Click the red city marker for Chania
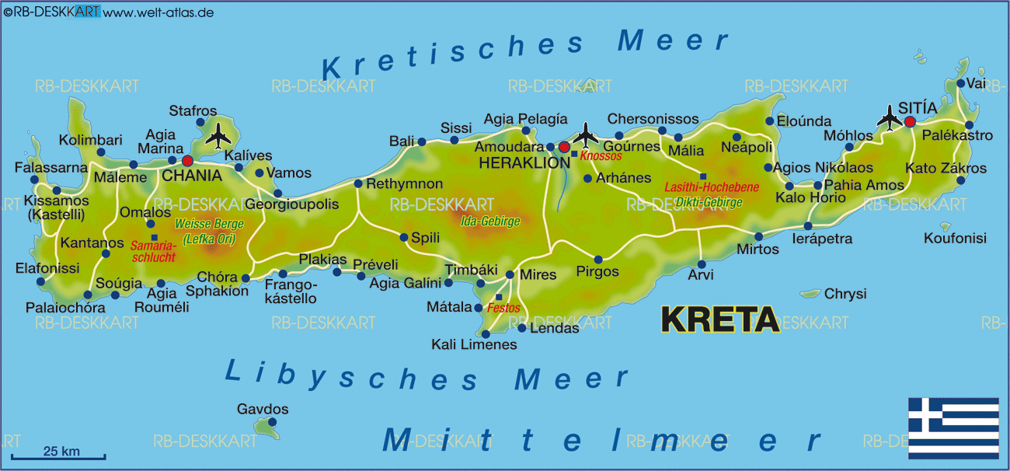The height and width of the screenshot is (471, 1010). pyautogui.click(x=187, y=161)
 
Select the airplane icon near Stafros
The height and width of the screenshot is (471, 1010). pyautogui.click(x=220, y=135)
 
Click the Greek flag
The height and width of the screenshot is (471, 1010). pyautogui.click(x=953, y=427)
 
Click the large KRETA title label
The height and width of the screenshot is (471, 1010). pyautogui.click(x=719, y=319)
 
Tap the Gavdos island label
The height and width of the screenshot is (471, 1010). pyautogui.click(x=263, y=410)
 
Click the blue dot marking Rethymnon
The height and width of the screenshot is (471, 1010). pyautogui.click(x=358, y=184)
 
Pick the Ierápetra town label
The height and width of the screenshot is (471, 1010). pyautogui.click(x=821, y=239)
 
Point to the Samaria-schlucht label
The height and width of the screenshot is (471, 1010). pyautogui.click(x=155, y=250)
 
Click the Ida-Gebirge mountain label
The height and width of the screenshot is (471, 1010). pyautogui.click(x=490, y=221)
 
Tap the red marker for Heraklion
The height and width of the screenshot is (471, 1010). pyautogui.click(x=564, y=147)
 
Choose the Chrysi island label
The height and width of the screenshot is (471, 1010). pyautogui.click(x=845, y=294)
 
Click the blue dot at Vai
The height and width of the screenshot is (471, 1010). pyautogui.click(x=961, y=84)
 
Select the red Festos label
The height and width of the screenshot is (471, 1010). pyautogui.click(x=503, y=308)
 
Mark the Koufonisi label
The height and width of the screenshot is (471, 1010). pyautogui.click(x=955, y=239)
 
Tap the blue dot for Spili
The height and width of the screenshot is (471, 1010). pyautogui.click(x=404, y=238)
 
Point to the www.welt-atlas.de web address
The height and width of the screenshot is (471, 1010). pyautogui.click(x=158, y=12)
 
